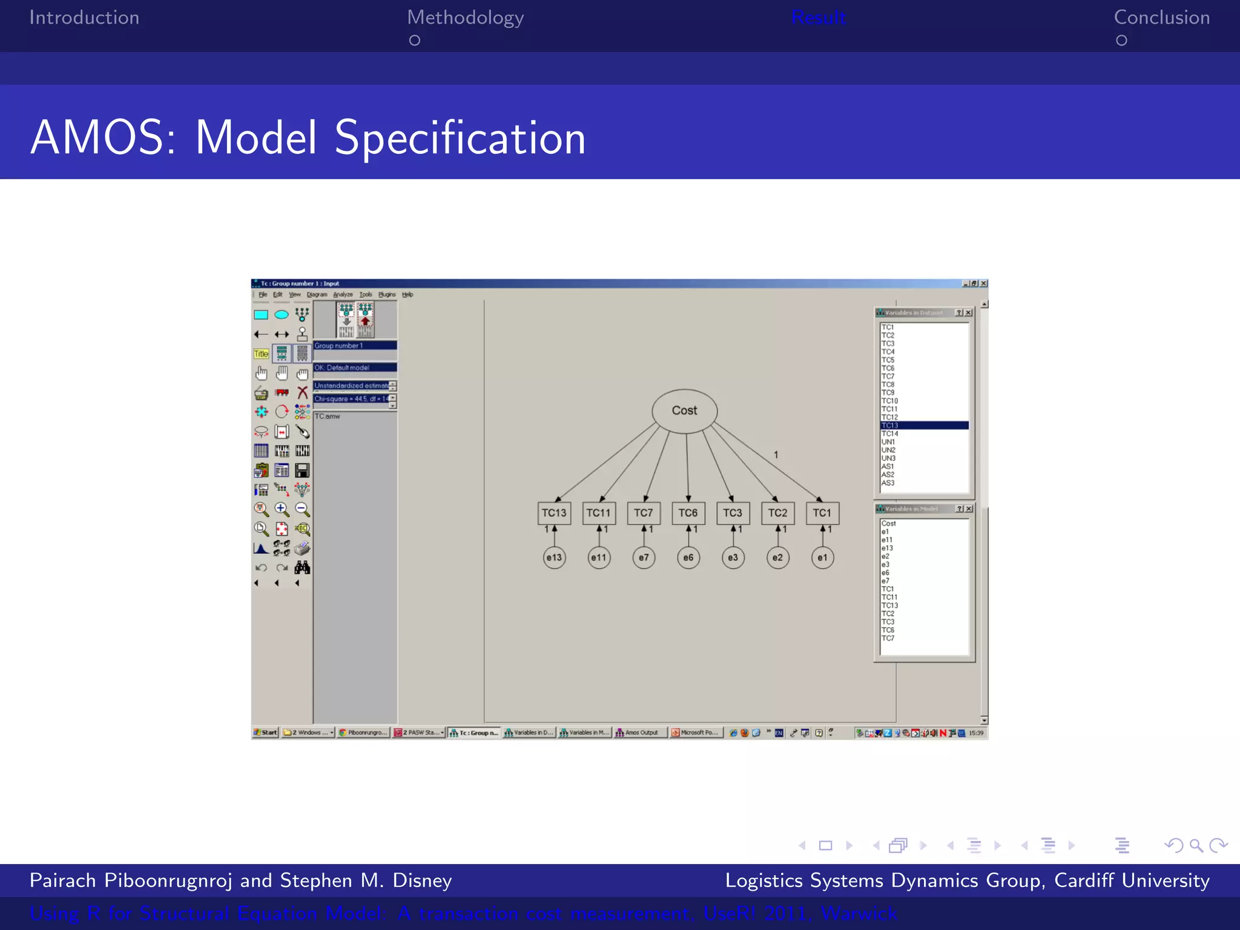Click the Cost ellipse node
[684, 411]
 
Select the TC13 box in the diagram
[553, 513]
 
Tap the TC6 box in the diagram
[688, 513]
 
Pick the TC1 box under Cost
[822, 513]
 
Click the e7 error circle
[644, 558]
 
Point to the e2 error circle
[777, 558]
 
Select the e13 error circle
[554, 558]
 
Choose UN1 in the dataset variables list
[888, 442]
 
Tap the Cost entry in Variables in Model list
[888, 524]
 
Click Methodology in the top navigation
[465, 18]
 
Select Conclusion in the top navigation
[1161, 18]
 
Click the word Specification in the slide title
[460, 138]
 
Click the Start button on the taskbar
[265, 733]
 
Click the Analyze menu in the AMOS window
[343, 295]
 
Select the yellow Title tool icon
[261, 354]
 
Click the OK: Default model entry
[354, 368]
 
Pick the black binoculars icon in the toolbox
[302, 567]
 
